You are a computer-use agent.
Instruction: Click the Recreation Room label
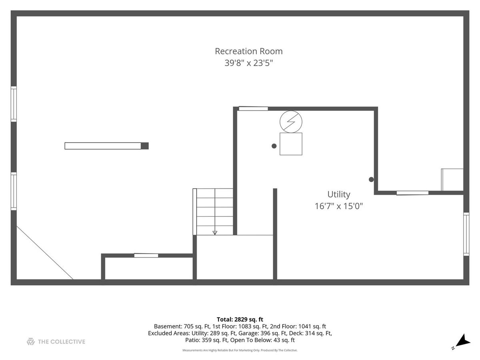click(249, 51)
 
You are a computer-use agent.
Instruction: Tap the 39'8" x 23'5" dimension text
click(249, 63)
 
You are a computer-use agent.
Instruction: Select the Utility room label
click(339, 194)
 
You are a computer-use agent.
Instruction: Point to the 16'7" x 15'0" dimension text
click(339, 206)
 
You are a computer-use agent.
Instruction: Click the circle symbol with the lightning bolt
click(291, 122)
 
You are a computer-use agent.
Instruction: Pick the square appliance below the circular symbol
click(291, 144)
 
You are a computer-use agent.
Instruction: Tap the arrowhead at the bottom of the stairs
click(215, 233)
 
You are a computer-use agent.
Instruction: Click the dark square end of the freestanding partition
click(144, 146)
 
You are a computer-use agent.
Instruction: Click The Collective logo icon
click(31, 342)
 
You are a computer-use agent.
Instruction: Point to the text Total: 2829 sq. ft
click(240, 319)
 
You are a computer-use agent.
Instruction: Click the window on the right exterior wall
click(466, 234)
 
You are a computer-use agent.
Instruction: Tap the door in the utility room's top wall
click(253, 109)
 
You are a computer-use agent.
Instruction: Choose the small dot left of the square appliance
click(274, 146)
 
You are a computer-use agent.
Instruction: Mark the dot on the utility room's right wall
click(371, 180)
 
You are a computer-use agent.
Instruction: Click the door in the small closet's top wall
click(146, 255)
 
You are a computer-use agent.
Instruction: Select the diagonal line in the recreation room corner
click(45, 253)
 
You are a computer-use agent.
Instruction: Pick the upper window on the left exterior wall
click(14, 104)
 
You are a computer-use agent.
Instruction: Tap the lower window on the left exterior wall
click(14, 191)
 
